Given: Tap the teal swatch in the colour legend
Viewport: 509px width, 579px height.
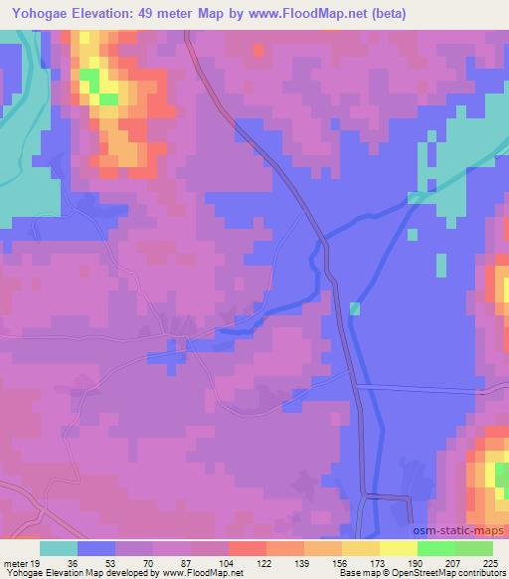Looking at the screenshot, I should [x=59, y=548].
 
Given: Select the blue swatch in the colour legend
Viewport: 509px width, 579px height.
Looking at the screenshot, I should [x=96, y=548].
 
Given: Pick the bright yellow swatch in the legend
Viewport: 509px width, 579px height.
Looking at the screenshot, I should [x=398, y=548].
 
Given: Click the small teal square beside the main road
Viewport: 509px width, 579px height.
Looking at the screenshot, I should [x=355, y=309].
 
